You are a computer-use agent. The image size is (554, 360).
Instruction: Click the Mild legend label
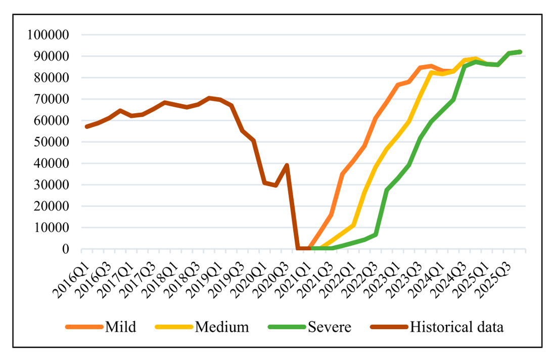[120, 327]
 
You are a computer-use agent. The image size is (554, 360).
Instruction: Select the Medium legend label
[222, 327]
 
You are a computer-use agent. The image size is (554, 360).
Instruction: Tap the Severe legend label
[330, 327]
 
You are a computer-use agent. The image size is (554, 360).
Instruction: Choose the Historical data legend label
[456, 327]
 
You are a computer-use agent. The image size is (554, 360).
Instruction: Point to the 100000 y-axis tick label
[48, 34]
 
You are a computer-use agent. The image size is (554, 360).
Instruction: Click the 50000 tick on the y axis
[52, 142]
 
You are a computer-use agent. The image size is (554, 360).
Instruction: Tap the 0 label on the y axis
[66, 249]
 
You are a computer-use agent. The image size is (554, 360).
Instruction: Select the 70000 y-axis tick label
[52, 99]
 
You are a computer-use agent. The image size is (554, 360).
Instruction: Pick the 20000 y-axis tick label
[52, 206]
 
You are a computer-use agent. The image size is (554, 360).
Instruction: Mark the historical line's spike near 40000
[287, 165]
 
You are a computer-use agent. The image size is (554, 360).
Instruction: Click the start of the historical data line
[87, 126]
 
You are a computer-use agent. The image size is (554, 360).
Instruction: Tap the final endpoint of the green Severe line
[520, 52]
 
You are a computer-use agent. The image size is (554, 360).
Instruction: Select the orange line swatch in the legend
[84, 327]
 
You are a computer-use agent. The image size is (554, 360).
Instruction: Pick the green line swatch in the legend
[287, 327]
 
